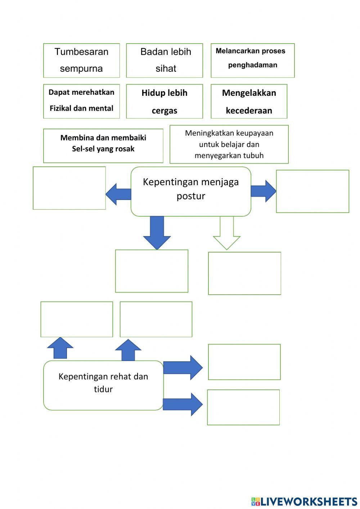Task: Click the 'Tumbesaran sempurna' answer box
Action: (81, 60)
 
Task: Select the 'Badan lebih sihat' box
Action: (165, 60)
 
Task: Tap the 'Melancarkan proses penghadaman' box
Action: (252, 60)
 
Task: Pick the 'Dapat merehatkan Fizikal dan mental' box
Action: (81, 101)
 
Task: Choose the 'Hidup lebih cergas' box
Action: (165, 101)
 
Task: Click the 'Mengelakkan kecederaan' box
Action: (249, 101)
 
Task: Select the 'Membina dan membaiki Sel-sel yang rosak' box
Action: (103, 146)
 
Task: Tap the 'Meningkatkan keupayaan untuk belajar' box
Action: (229, 144)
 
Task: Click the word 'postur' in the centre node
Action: (191, 196)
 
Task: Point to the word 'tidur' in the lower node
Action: (103, 389)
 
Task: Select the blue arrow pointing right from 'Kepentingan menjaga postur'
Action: (263, 191)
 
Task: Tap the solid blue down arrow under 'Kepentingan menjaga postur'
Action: (157, 232)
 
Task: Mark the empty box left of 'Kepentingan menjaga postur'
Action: (69, 188)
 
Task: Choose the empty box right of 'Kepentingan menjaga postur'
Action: (312, 191)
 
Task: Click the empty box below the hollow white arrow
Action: (244, 273)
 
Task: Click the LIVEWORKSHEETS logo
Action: (304, 501)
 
